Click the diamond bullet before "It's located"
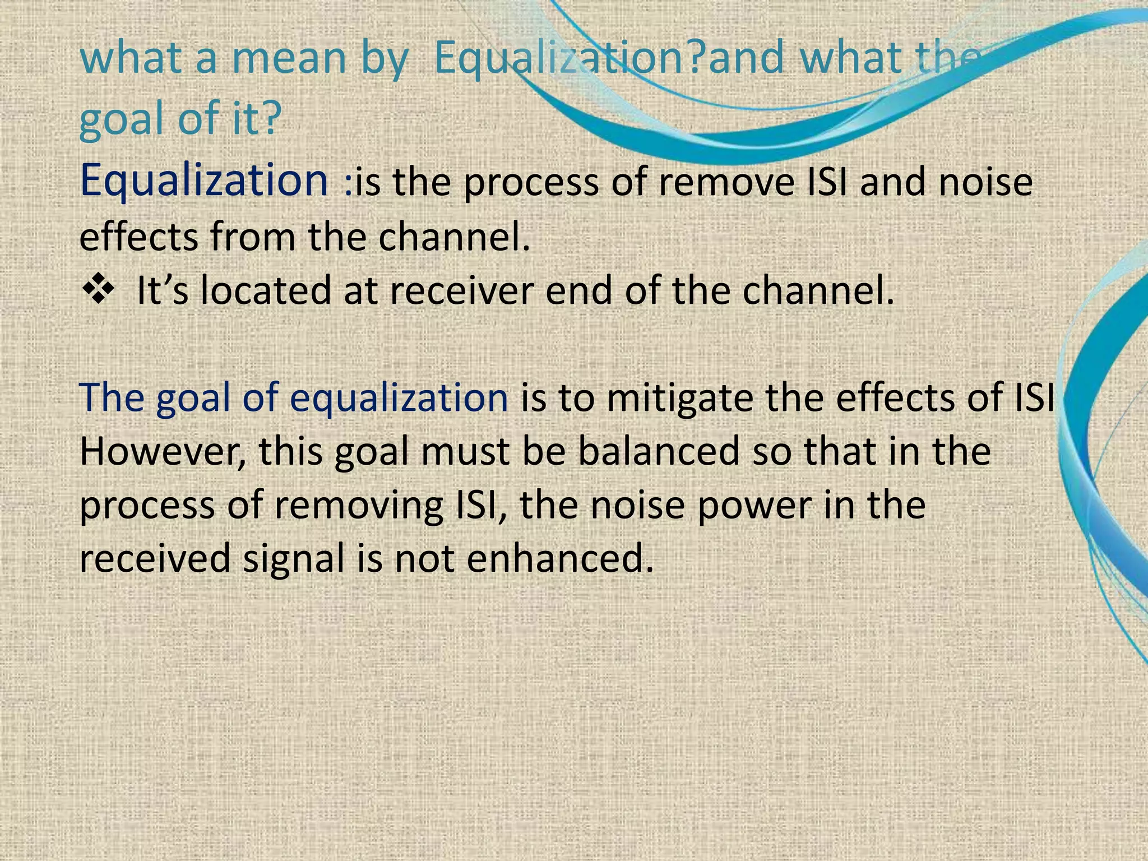[98, 290]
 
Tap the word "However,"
[163, 452]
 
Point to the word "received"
[155, 558]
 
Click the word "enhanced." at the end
[560, 558]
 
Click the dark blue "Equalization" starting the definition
[204, 180]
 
